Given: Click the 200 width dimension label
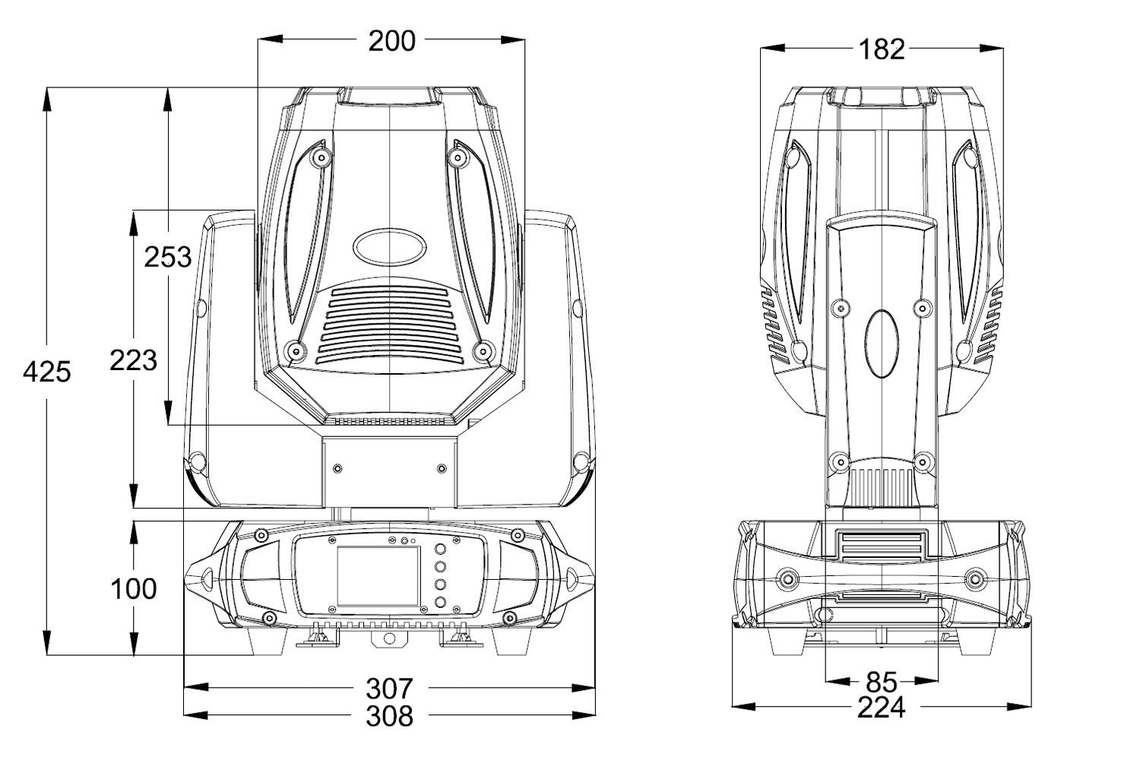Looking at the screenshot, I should [x=391, y=40].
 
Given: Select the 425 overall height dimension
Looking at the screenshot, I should [x=47, y=372].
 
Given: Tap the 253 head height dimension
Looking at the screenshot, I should [x=168, y=256].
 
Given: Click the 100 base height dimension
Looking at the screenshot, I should [x=134, y=587].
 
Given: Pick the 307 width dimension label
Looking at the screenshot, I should [x=389, y=689].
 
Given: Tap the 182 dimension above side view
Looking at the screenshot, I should [x=882, y=49].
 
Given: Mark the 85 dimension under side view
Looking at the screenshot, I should [x=882, y=681].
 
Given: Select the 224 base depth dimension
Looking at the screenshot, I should [x=882, y=708].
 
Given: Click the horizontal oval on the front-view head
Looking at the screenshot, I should [x=388, y=246].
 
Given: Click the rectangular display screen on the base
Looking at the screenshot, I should [x=378, y=575].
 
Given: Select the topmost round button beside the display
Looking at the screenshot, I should [x=440, y=549].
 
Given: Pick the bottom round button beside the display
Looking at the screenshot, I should [x=440, y=602].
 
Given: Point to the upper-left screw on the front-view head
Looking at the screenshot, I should [x=321, y=158].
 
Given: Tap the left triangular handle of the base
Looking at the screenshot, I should [x=203, y=578].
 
